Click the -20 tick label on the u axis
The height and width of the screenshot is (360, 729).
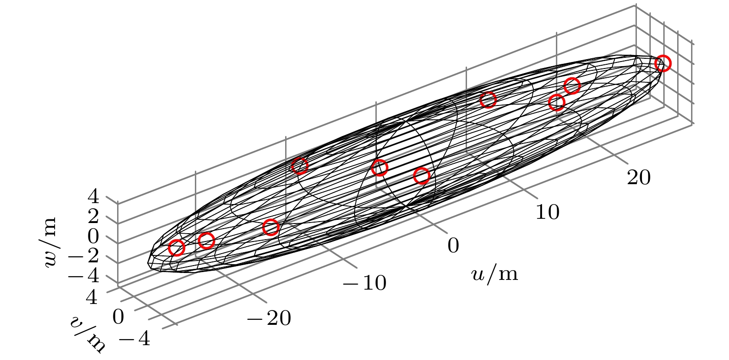[x=269, y=318]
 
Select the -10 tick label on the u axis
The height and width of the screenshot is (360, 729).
[x=365, y=282]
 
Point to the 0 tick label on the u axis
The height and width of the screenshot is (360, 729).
[x=453, y=245]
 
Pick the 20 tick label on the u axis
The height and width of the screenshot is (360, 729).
[x=639, y=177]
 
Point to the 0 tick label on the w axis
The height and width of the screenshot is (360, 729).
[x=93, y=236]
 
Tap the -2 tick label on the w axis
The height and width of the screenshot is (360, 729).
[x=83, y=256]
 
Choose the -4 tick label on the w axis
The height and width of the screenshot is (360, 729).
[x=83, y=276]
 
